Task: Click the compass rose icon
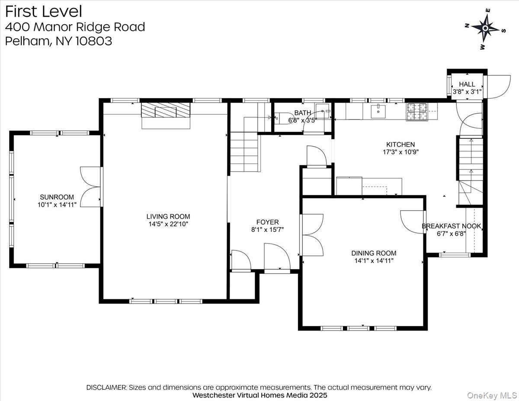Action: tap(485, 28)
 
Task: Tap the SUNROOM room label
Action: tap(57, 197)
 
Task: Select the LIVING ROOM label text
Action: tap(168, 216)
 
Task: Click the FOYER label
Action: tap(267, 222)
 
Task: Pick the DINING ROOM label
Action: tap(374, 253)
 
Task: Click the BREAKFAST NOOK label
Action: tap(452, 226)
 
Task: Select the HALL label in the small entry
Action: tap(467, 84)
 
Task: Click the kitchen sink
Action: tap(378, 111)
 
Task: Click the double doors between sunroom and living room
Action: tap(91, 186)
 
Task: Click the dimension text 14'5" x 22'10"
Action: tap(168, 224)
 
